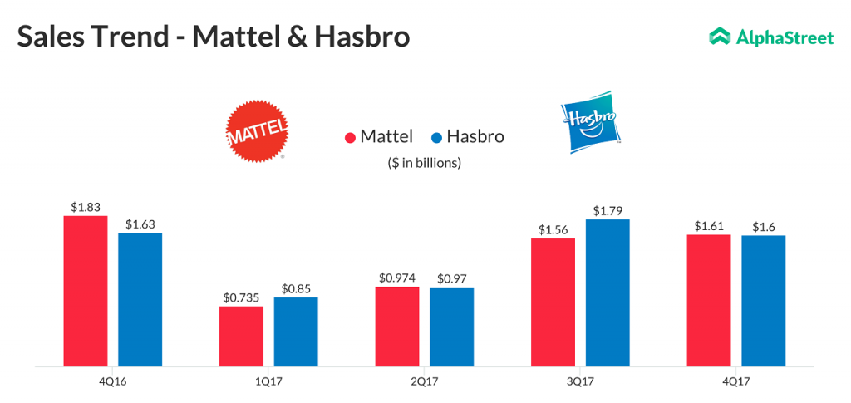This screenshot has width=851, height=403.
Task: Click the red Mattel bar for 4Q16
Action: click(x=86, y=291)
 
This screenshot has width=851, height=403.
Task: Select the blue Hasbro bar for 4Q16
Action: click(x=140, y=299)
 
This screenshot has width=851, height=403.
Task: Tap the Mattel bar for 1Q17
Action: click(x=241, y=336)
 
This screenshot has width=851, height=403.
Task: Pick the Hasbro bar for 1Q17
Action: click(x=296, y=332)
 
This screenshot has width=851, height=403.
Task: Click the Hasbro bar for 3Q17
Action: click(x=608, y=292)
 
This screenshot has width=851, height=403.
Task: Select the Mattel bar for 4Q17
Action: click(x=709, y=300)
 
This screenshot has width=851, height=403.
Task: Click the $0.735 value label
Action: click(x=241, y=297)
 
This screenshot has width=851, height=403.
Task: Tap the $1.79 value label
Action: click(x=608, y=210)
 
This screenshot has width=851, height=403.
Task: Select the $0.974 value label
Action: click(x=396, y=278)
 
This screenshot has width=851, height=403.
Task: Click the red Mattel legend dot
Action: click(x=350, y=137)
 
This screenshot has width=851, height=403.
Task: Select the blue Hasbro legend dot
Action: click(x=436, y=137)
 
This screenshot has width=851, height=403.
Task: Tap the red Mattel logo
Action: click(x=258, y=130)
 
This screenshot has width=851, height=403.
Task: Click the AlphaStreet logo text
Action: click(x=785, y=37)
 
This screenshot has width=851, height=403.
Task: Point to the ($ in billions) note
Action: click(x=424, y=163)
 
